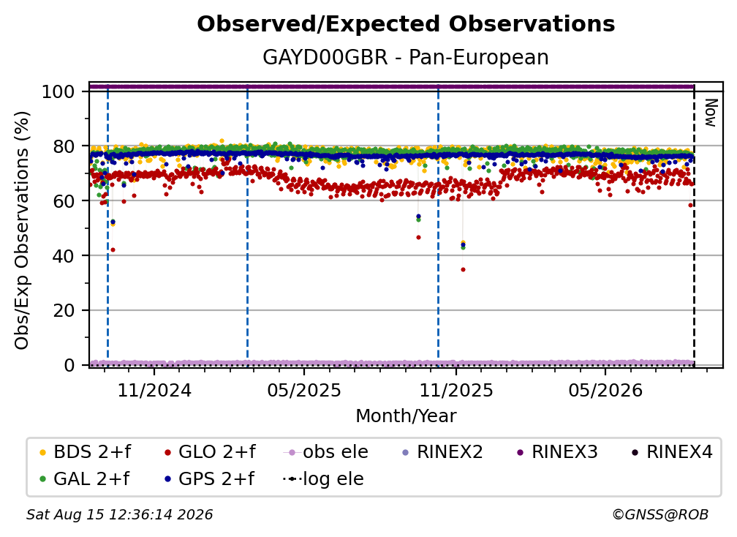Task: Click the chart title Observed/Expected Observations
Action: pos(406,24)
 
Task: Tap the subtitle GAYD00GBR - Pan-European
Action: pos(406,57)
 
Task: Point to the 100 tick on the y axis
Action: pos(58,91)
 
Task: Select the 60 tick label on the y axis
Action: pos(64,200)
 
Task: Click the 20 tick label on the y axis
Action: pos(64,310)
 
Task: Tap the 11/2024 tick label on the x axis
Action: pos(154,390)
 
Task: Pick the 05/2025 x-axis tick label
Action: pos(304,390)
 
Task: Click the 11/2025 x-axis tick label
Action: pos(456,390)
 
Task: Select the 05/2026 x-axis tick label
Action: pos(605,390)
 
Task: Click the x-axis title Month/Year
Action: pos(406,416)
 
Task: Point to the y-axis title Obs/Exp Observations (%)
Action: pos(22,230)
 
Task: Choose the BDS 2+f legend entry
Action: pos(85,452)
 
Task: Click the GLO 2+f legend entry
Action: pos(210,452)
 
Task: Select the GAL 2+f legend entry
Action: pos(84,478)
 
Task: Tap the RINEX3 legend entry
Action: pos(557,452)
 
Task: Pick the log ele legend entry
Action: pos(323,478)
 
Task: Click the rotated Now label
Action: pos(710,113)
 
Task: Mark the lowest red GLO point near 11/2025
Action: pos(463,269)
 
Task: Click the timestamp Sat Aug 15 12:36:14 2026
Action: pos(119,514)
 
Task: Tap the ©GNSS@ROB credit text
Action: pos(660,514)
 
